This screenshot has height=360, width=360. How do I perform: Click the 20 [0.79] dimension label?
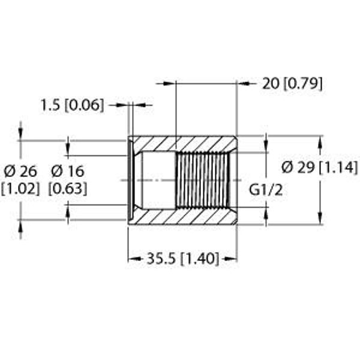[x=292, y=84]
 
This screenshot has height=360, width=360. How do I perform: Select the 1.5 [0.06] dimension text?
[x=73, y=106]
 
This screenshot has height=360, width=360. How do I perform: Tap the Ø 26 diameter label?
[x=20, y=172]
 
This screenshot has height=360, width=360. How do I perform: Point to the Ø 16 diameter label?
[x=68, y=172]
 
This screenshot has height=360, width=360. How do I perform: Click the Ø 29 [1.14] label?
[x=320, y=167]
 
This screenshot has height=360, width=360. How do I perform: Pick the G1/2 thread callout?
[x=266, y=190]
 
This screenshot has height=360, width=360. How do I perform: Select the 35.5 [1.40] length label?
[x=183, y=259]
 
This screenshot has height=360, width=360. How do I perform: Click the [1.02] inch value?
[x=20, y=189]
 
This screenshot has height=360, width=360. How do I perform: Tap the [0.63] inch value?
[x=68, y=189]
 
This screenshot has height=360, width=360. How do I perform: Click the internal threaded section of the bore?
[x=203, y=180]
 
